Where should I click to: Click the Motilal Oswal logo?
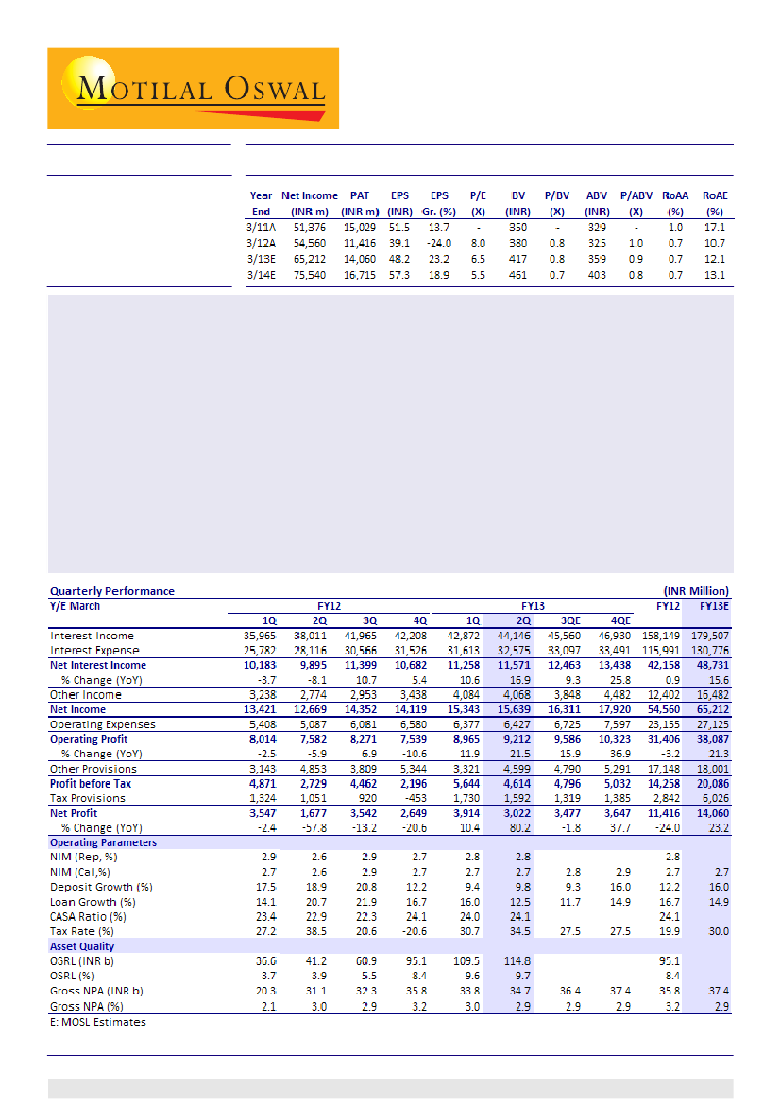tap(193, 89)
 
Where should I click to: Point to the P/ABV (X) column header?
tap(636, 204)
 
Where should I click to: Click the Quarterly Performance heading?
tap(112, 591)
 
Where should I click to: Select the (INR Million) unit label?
tap(696, 591)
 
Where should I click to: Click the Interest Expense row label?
tap(94, 651)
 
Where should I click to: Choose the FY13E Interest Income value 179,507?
tap(710, 636)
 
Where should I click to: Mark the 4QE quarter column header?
tap(619, 620)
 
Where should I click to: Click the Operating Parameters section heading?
tap(103, 842)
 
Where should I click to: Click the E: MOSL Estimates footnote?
tap(98, 1022)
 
